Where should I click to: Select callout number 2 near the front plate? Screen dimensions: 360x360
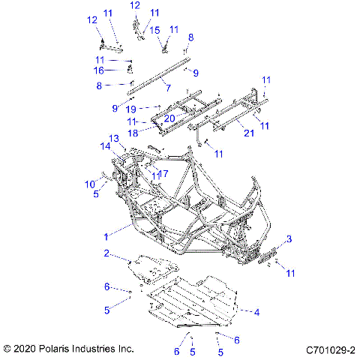coord(107,253)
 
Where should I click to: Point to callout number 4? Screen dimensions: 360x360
coord(257,311)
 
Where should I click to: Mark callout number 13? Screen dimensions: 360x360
coord(114,138)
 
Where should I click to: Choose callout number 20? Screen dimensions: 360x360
coord(169,118)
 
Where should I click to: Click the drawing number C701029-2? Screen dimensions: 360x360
coord(330,349)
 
